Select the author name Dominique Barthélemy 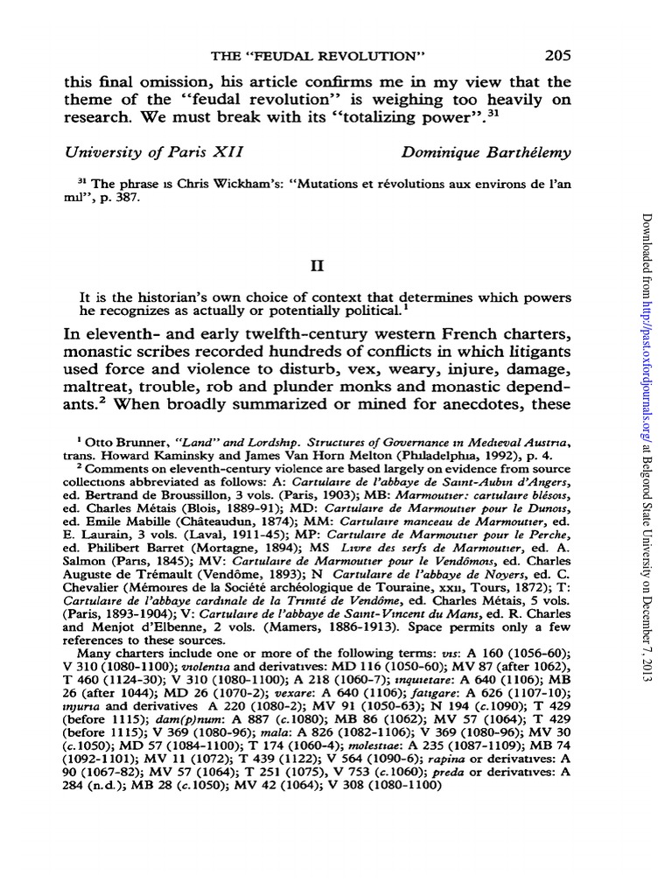[x=486, y=152]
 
